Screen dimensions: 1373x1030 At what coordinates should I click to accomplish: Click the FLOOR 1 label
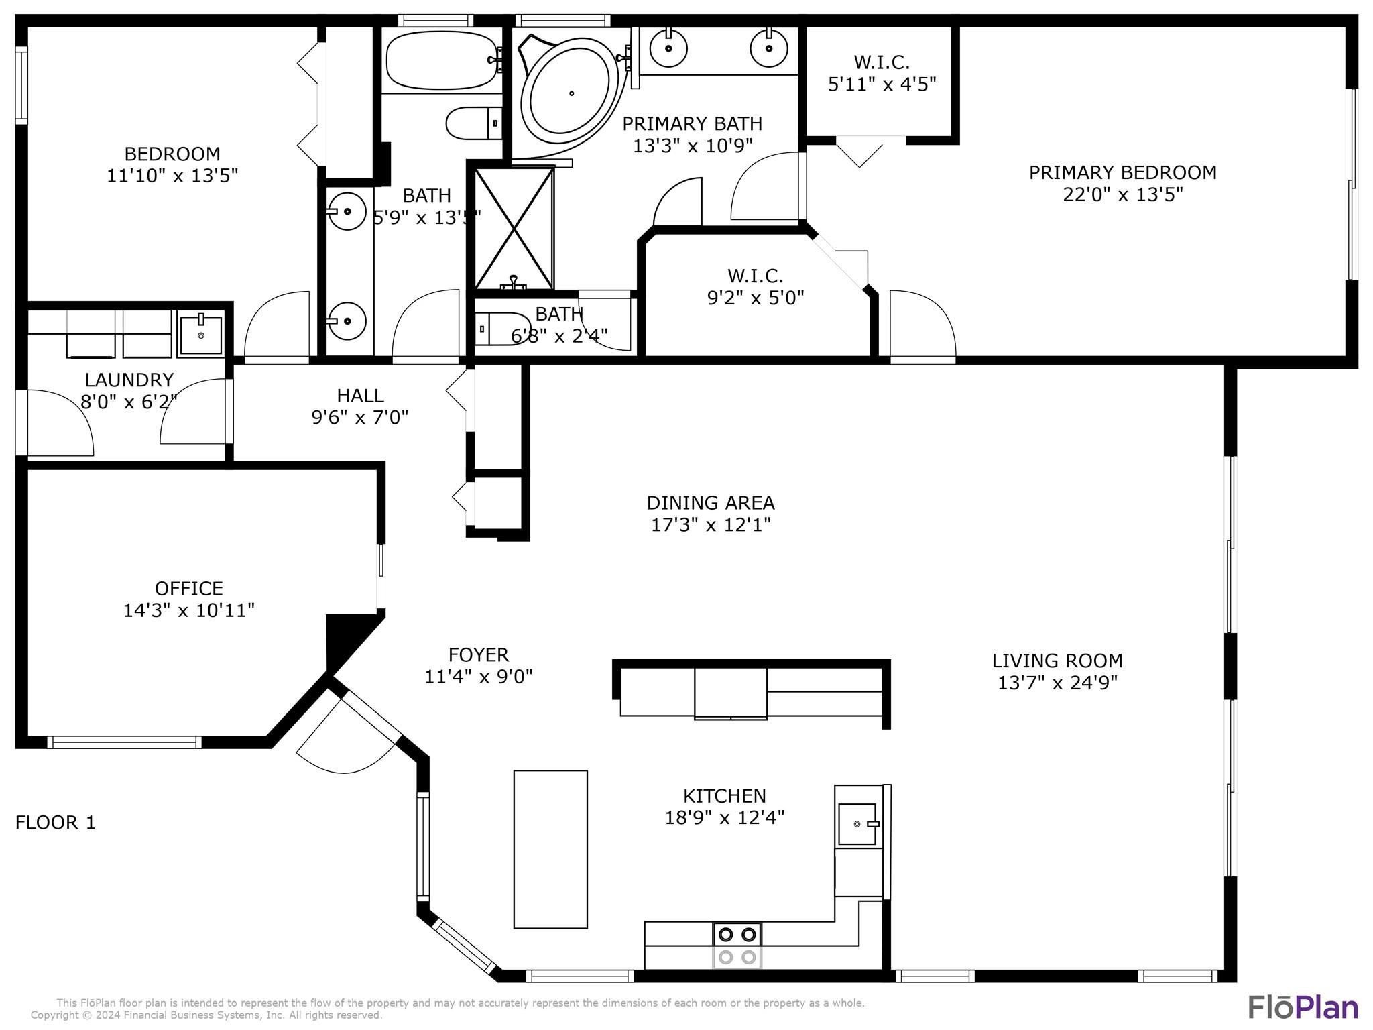click(x=56, y=822)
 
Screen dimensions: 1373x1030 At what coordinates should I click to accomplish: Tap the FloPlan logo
click(x=1303, y=1007)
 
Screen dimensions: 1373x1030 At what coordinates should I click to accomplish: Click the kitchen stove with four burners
click(x=737, y=946)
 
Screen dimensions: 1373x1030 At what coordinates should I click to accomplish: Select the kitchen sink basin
click(x=857, y=824)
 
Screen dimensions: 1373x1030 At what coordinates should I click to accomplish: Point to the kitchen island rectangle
click(x=550, y=849)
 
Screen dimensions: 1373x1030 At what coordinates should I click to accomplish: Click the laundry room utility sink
click(x=200, y=334)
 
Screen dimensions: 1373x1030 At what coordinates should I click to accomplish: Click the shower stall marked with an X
click(x=514, y=229)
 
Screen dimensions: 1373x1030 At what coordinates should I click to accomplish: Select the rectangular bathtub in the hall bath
click(x=442, y=60)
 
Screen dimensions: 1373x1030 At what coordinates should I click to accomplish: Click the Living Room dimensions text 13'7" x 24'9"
click(x=1057, y=683)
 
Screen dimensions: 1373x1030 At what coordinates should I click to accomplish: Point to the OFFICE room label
click(x=189, y=588)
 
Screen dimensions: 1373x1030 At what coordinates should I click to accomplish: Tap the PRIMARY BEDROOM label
click(x=1122, y=172)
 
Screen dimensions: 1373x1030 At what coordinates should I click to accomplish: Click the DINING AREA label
click(x=711, y=502)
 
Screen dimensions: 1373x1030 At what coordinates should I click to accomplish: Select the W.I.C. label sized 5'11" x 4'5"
click(x=882, y=73)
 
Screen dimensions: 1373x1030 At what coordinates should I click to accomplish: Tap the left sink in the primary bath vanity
click(x=668, y=48)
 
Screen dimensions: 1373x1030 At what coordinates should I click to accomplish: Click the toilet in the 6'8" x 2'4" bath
click(x=502, y=329)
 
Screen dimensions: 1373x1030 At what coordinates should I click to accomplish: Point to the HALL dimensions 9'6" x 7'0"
click(x=360, y=418)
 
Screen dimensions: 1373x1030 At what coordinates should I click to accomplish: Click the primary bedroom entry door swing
click(x=922, y=325)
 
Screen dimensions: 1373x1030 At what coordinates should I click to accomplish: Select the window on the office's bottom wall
click(x=124, y=742)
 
